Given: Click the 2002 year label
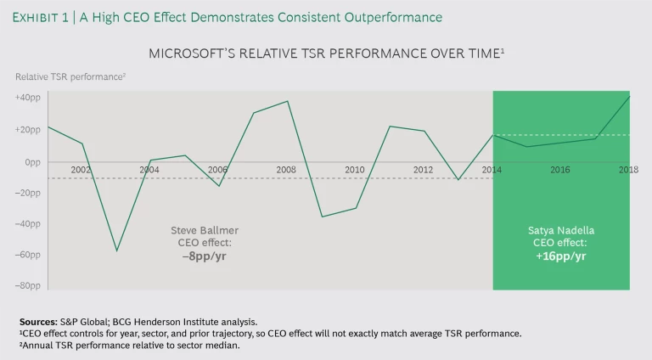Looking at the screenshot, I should (81, 171).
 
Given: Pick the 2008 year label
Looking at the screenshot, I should (286, 171).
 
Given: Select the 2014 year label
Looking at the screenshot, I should (492, 171).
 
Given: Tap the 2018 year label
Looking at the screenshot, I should (628, 171).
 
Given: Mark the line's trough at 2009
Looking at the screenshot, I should (322, 217).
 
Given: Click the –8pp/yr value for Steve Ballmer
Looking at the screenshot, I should (204, 255).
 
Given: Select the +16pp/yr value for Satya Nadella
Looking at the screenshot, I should (560, 255).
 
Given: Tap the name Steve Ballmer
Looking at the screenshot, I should (204, 230).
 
